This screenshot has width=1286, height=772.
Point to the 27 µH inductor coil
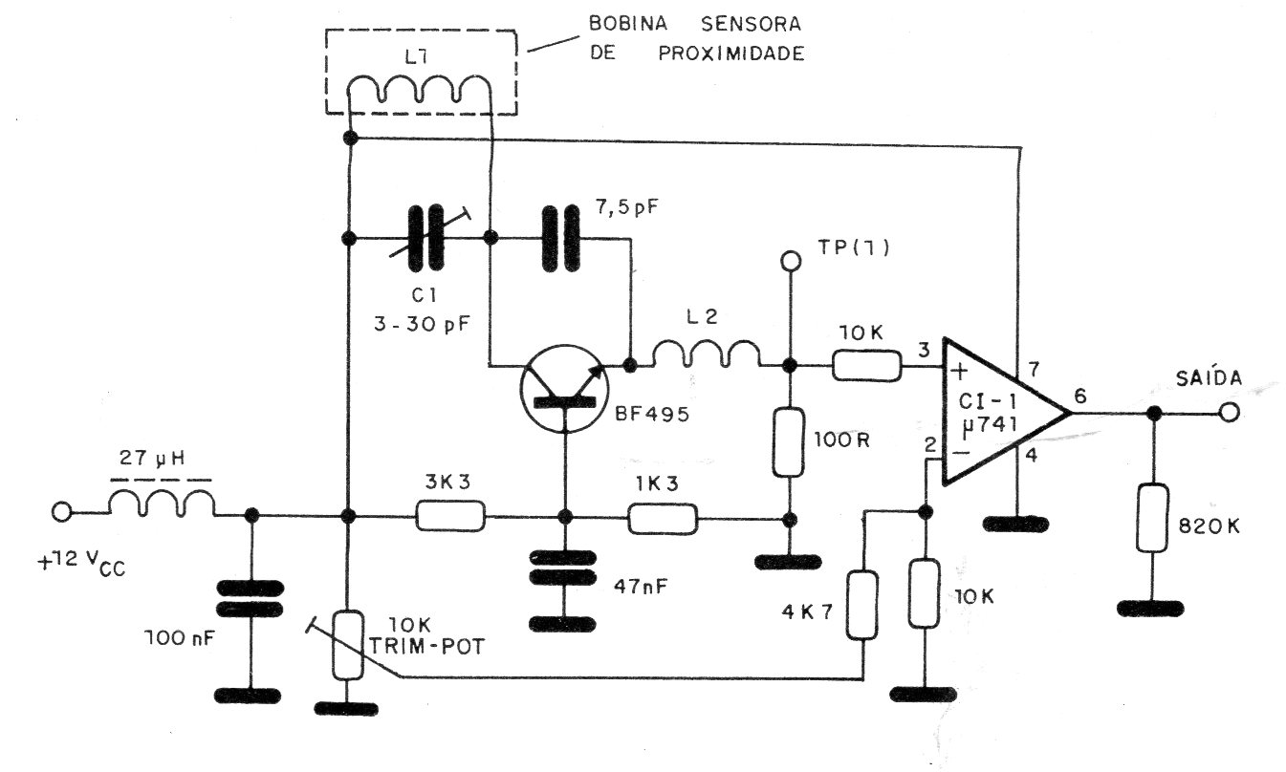click(x=161, y=504)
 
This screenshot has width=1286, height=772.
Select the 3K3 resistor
click(x=450, y=518)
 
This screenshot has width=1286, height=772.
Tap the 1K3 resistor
click(x=663, y=519)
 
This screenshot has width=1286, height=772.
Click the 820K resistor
click(x=1153, y=519)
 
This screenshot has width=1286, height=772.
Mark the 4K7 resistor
click(x=863, y=606)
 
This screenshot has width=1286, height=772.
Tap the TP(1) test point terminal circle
click(x=790, y=259)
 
